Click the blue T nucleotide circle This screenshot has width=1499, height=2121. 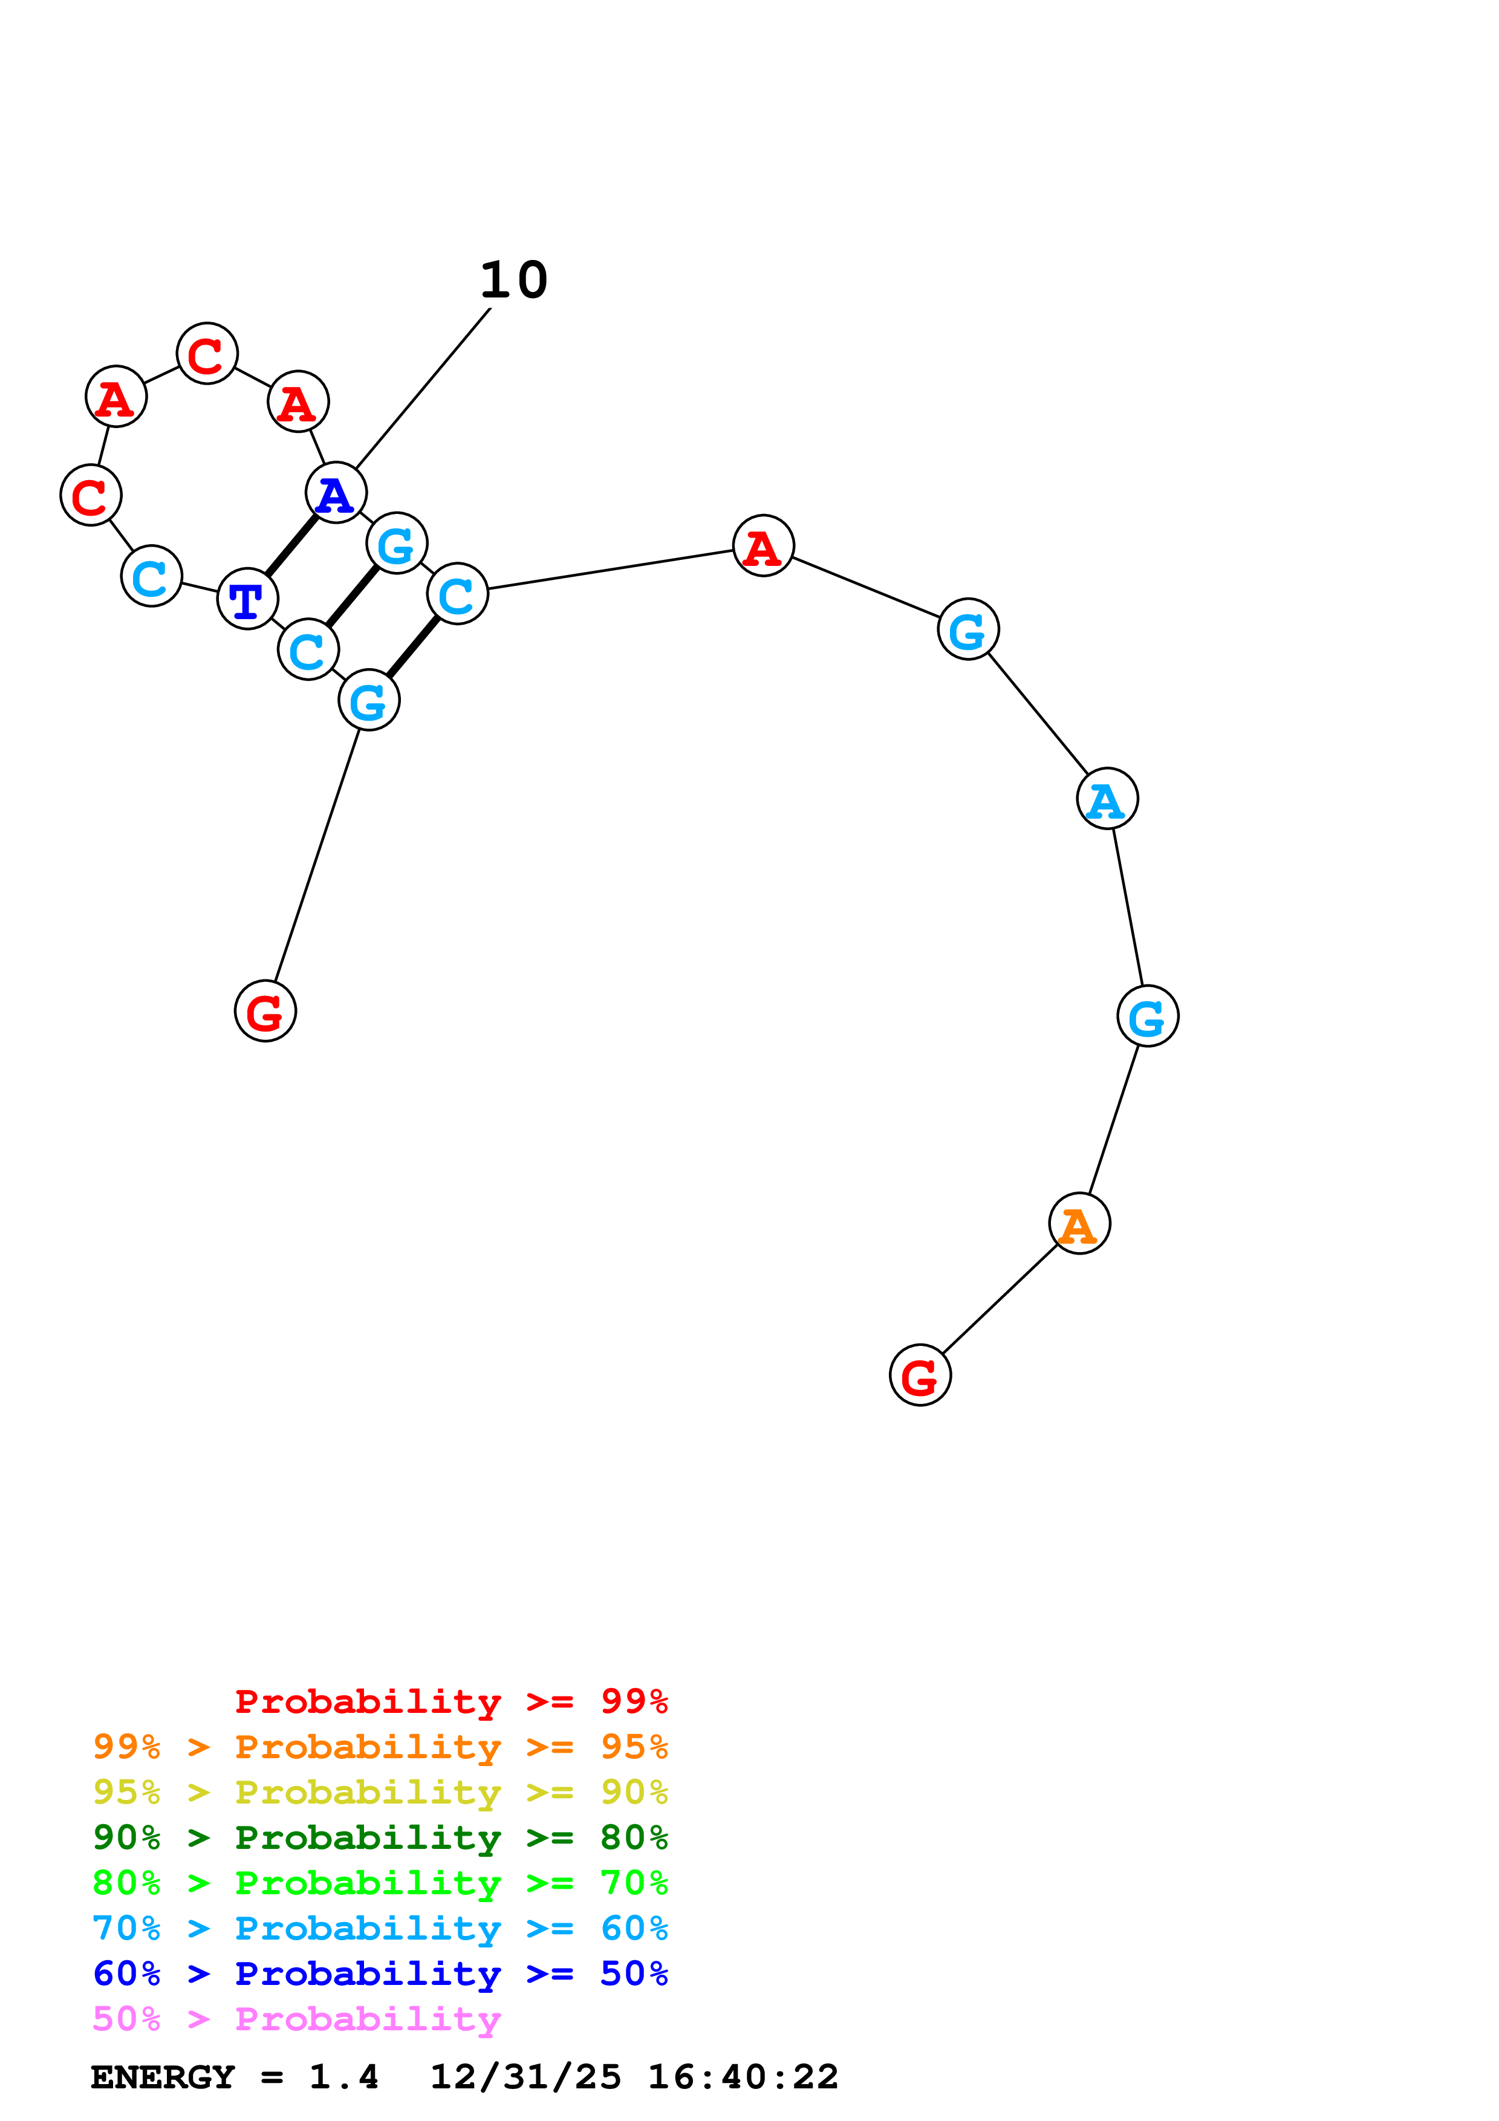coord(247,599)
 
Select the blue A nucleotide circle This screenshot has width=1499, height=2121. coord(336,492)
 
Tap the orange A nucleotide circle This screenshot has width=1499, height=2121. coord(1079,1223)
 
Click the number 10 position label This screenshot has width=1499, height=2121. coord(513,280)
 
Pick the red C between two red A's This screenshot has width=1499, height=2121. coord(207,353)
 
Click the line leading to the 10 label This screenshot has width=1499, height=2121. coord(423,388)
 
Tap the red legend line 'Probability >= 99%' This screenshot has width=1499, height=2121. coord(450,1701)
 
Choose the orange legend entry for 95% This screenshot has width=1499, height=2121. coord(380,1746)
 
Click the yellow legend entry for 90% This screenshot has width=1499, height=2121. coord(380,1791)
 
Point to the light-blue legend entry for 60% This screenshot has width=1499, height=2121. coord(380,1928)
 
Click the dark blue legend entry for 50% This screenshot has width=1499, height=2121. coord(380,1973)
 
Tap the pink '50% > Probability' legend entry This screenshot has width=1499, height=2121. coord(296,2018)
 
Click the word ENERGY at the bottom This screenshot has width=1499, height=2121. coord(163,2077)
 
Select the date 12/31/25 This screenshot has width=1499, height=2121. coord(525,2077)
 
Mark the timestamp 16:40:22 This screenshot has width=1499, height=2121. coord(743,2077)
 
